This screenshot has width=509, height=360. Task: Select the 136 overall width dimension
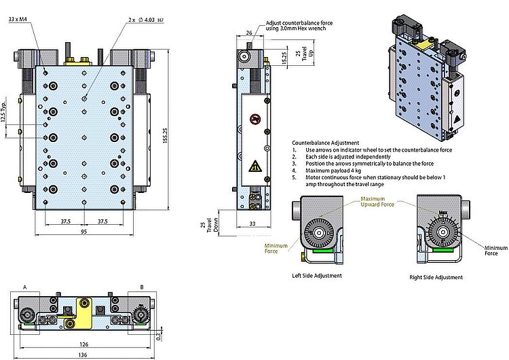coord(84,354)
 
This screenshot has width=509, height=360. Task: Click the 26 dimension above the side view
coord(250,33)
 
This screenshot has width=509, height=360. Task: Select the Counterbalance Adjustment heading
coord(325,143)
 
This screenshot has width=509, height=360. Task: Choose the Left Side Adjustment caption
coord(317,276)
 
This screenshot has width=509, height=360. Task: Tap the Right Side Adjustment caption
coord(436,277)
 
